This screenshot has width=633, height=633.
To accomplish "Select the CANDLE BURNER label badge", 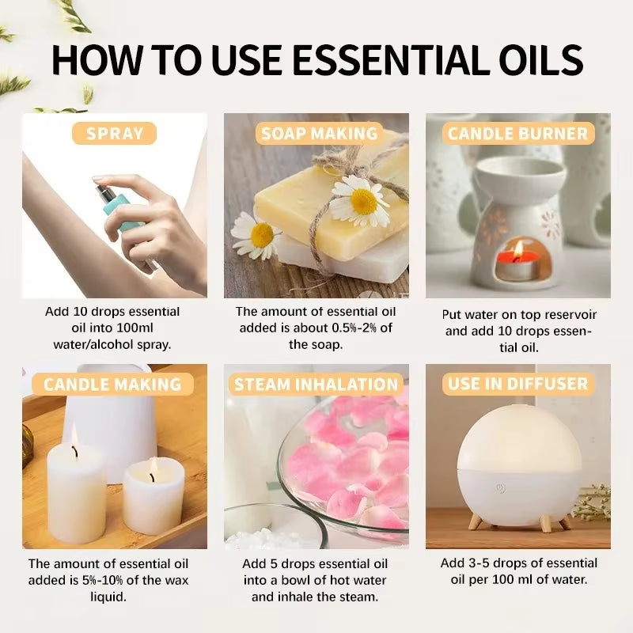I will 518,134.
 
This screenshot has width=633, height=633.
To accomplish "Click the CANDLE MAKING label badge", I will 112,385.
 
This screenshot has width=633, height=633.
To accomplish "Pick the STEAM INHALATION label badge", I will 316,385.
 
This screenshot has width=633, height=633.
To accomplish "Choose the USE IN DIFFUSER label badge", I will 518,385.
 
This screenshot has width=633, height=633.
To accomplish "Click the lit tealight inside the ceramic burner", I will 517,255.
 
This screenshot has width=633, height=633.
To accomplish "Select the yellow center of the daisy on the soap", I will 363,201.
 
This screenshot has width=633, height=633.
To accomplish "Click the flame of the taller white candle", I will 74,434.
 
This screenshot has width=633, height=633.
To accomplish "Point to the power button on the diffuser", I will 500,488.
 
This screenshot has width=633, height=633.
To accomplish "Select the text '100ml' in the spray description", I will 149,328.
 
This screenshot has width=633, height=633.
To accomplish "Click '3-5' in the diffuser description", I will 478,563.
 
